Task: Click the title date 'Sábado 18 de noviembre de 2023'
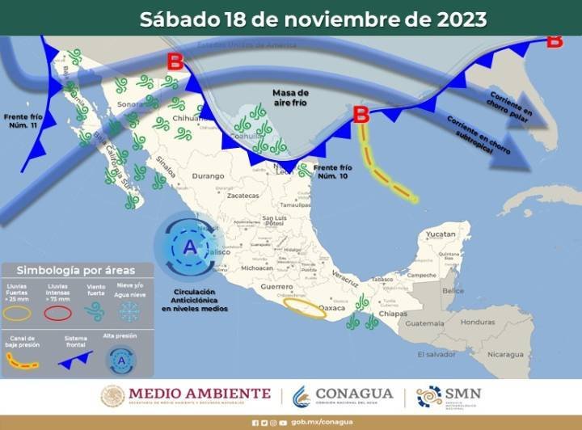coord(313,19)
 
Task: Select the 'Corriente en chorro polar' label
coord(510,103)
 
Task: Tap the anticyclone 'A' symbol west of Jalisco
coord(189,245)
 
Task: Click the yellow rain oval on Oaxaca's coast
coord(305,310)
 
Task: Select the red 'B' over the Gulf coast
coord(362,115)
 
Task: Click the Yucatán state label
coord(441,234)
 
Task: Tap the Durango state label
coord(208,175)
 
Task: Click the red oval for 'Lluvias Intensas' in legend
coord(59,312)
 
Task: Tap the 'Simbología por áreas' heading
coord(76,271)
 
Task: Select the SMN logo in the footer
coord(449,396)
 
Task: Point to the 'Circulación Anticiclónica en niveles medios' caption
coord(194,298)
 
